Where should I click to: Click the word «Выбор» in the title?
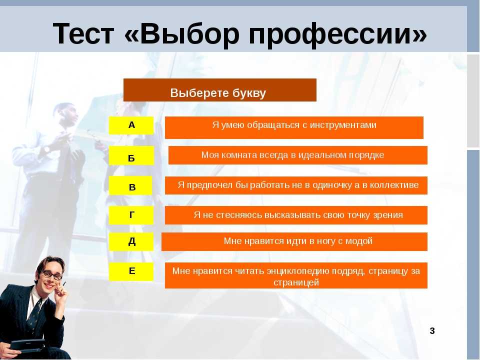coord(189,34)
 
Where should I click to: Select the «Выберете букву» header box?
coord(220,90)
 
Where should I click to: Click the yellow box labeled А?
coord(131,125)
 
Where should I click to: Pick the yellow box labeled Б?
coord(131,156)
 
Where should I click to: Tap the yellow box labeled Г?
coord(131,215)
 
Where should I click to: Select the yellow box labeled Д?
coord(131,241)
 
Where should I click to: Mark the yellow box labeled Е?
coord(131,271)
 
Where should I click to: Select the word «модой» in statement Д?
coord(359,241)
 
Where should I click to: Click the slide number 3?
coord(432,331)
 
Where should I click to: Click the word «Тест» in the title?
coord(83,34)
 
